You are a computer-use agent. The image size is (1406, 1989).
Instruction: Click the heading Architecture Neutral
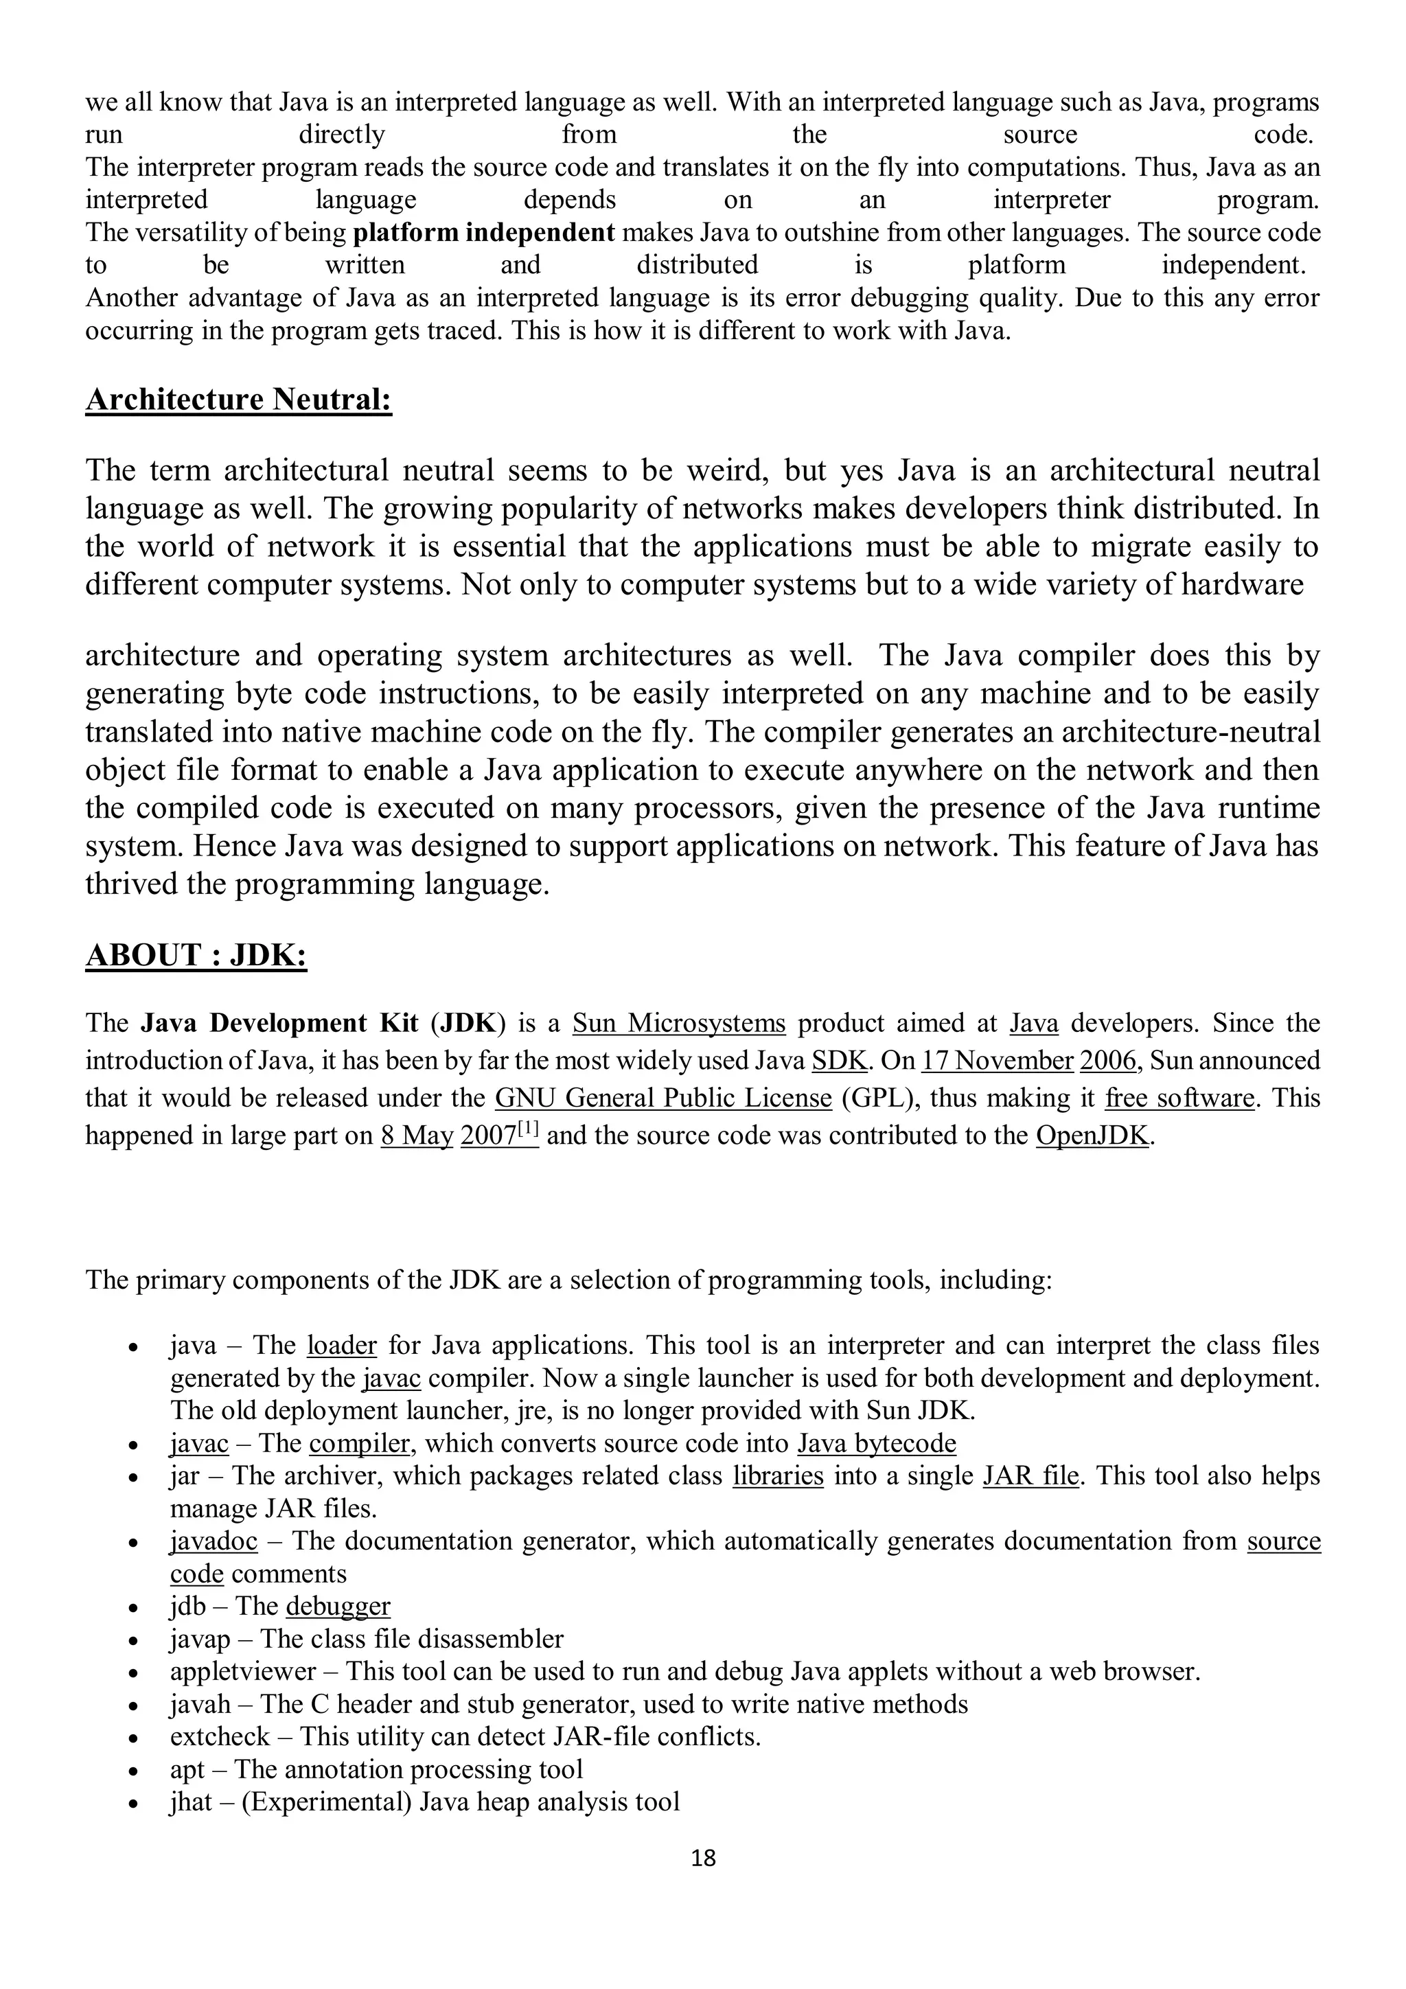[x=238, y=400]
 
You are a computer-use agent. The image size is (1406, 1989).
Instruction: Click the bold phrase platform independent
[x=484, y=232]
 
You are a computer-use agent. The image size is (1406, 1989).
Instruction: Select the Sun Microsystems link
[x=678, y=1023]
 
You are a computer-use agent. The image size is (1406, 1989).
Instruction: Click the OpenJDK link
[x=1092, y=1135]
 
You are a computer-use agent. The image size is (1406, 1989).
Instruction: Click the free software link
[x=1179, y=1098]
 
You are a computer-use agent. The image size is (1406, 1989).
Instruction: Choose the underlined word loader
[x=342, y=1346]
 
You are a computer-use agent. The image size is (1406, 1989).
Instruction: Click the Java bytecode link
[x=876, y=1443]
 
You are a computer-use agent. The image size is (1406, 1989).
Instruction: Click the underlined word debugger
[x=338, y=1605]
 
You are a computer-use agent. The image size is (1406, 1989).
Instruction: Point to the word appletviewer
[x=244, y=1670]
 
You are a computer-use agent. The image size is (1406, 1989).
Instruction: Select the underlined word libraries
[x=777, y=1475]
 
